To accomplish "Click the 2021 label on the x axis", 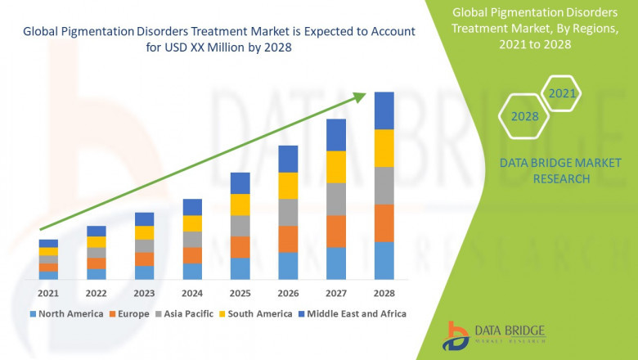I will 47,293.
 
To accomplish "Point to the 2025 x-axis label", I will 240,293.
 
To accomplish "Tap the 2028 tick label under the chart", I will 384,293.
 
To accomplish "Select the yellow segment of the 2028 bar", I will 384,148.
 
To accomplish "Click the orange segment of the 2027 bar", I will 335,231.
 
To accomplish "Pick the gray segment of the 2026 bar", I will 288,212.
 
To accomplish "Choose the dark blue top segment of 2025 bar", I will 240,182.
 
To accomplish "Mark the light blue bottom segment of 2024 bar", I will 191,271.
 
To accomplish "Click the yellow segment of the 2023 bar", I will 144,232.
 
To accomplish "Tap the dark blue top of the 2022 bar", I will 96,231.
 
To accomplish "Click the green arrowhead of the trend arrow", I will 359,98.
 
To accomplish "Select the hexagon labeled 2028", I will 525,117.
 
